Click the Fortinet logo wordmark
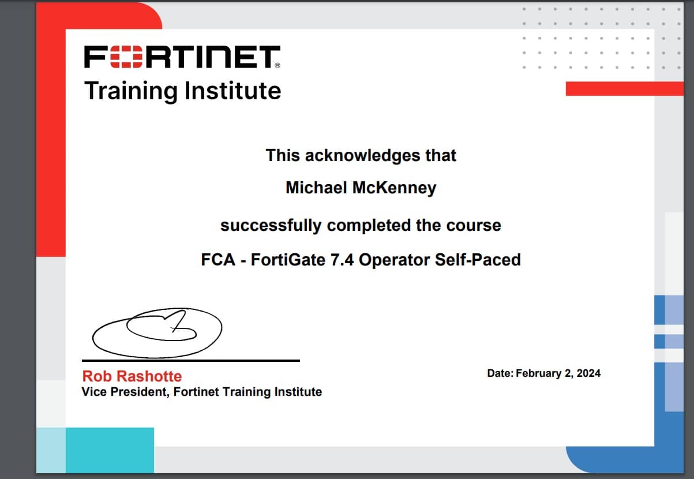(182, 57)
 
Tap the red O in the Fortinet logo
(126, 57)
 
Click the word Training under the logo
(131, 91)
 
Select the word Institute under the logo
(233, 91)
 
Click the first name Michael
(316, 188)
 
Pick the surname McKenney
(395, 188)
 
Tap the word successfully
(271, 226)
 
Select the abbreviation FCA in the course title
(218, 260)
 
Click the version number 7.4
(342, 260)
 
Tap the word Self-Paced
(478, 260)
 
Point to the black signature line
(191, 361)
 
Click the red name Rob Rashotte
(132, 376)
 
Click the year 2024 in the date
(588, 373)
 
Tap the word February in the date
(538, 373)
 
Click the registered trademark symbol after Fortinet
(277, 65)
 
